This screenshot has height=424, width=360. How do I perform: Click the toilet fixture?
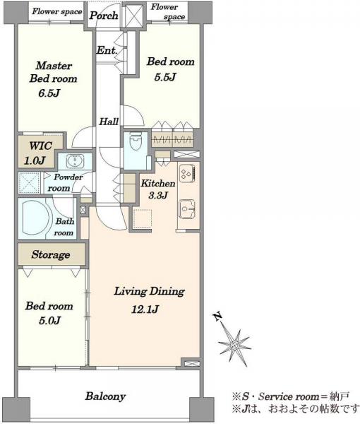(134, 142)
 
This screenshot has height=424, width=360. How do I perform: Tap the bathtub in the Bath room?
(37, 218)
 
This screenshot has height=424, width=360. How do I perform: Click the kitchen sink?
(186, 208)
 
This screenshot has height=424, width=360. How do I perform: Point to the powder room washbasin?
(75, 161)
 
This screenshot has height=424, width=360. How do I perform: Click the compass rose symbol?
(234, 345)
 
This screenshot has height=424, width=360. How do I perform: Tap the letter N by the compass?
(217, 316)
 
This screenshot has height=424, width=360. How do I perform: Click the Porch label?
(104, 16)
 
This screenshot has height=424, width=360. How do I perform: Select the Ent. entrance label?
(107, 50)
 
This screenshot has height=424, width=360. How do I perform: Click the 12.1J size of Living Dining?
(145, 309)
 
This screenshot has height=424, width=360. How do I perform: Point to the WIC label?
(40, 146)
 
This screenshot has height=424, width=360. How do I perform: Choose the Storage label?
(51, 254)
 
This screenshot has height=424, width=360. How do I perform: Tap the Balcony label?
(105, 396)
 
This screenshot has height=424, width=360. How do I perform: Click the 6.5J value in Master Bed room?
(49, 93)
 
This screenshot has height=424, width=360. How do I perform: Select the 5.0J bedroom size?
(49, 320)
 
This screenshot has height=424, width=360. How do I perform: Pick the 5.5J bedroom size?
(165, 77)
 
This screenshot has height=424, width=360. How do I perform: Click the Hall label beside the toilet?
(108, 122)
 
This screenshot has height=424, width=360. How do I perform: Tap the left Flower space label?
(57, 11)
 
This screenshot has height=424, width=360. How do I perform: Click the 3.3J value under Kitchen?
(158, 195)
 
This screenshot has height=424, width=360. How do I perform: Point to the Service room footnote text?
(291, 396)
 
